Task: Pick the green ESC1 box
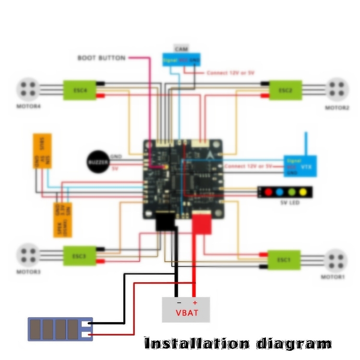[284, 260]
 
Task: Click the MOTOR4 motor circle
[28, 88]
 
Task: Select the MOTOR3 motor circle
[28, 255]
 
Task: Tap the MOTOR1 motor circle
[336, 260]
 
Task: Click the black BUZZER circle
[98, 162]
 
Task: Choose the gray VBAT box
[186, 310]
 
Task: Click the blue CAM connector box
[181, 60]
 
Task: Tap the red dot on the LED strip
[268, 192]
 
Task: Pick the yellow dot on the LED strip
[303, 192]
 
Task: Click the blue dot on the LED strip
[280, 192]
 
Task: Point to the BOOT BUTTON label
[101, 58]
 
